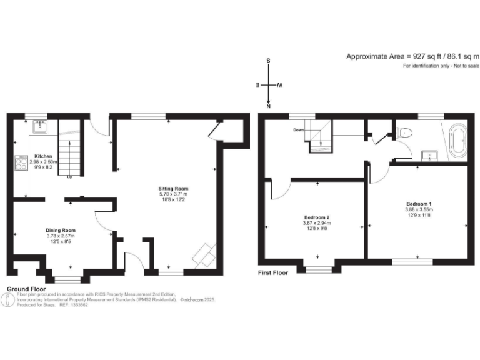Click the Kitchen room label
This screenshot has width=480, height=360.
43,156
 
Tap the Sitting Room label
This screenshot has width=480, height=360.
173,189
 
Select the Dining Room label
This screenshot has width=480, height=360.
60,229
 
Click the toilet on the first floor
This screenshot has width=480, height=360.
404,132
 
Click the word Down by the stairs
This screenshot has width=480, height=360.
299,130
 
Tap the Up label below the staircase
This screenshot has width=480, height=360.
70,177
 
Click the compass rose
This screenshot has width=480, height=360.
269,84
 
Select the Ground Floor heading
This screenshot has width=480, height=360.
26,289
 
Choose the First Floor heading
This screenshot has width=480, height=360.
273,273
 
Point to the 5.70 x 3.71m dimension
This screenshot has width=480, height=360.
173,194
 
